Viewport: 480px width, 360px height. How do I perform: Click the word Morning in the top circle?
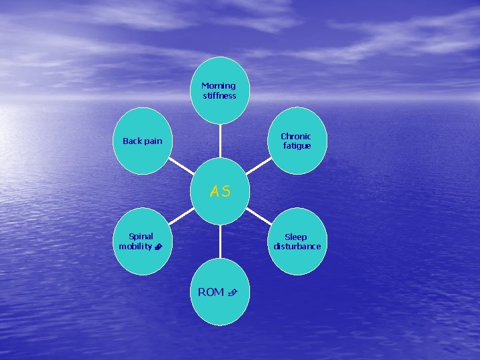click(219, 86)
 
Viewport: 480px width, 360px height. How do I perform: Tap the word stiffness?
click(220, 96)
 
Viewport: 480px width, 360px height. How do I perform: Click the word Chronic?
click(296, 137)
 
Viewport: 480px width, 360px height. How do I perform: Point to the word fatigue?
click(297, 146)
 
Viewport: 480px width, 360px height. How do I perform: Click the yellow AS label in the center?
click(220, 192)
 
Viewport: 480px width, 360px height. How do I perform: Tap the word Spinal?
click(141, 236)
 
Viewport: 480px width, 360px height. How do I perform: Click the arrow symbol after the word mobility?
click(157, 247)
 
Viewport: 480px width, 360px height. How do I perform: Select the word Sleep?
click(296, 237)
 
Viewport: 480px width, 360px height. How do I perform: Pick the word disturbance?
click(297, 247)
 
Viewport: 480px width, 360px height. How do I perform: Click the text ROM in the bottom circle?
click(211, 292)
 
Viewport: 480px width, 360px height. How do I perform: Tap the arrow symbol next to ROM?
click(232, 293)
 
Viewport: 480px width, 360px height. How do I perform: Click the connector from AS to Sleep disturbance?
click(259, 215)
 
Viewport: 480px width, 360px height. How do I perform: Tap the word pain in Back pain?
click(152, 141)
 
